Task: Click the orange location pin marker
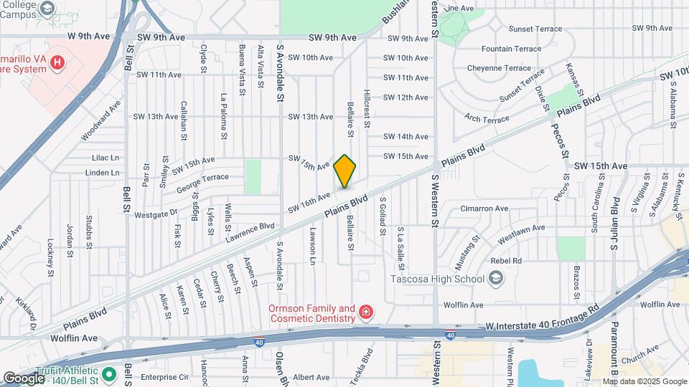[x=345, y=171]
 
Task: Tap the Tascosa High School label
[x=438, y=278]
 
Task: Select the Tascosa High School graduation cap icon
[x=495, y=278]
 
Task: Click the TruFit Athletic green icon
[x=108, y=373]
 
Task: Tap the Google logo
[x=23, y=378]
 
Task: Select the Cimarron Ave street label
[x=484, y=209]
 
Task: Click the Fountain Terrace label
[x=511, y=49]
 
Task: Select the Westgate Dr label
[x=156, y=212]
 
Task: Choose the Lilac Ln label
[x=106, y=157]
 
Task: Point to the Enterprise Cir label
[x=164, y=376]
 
